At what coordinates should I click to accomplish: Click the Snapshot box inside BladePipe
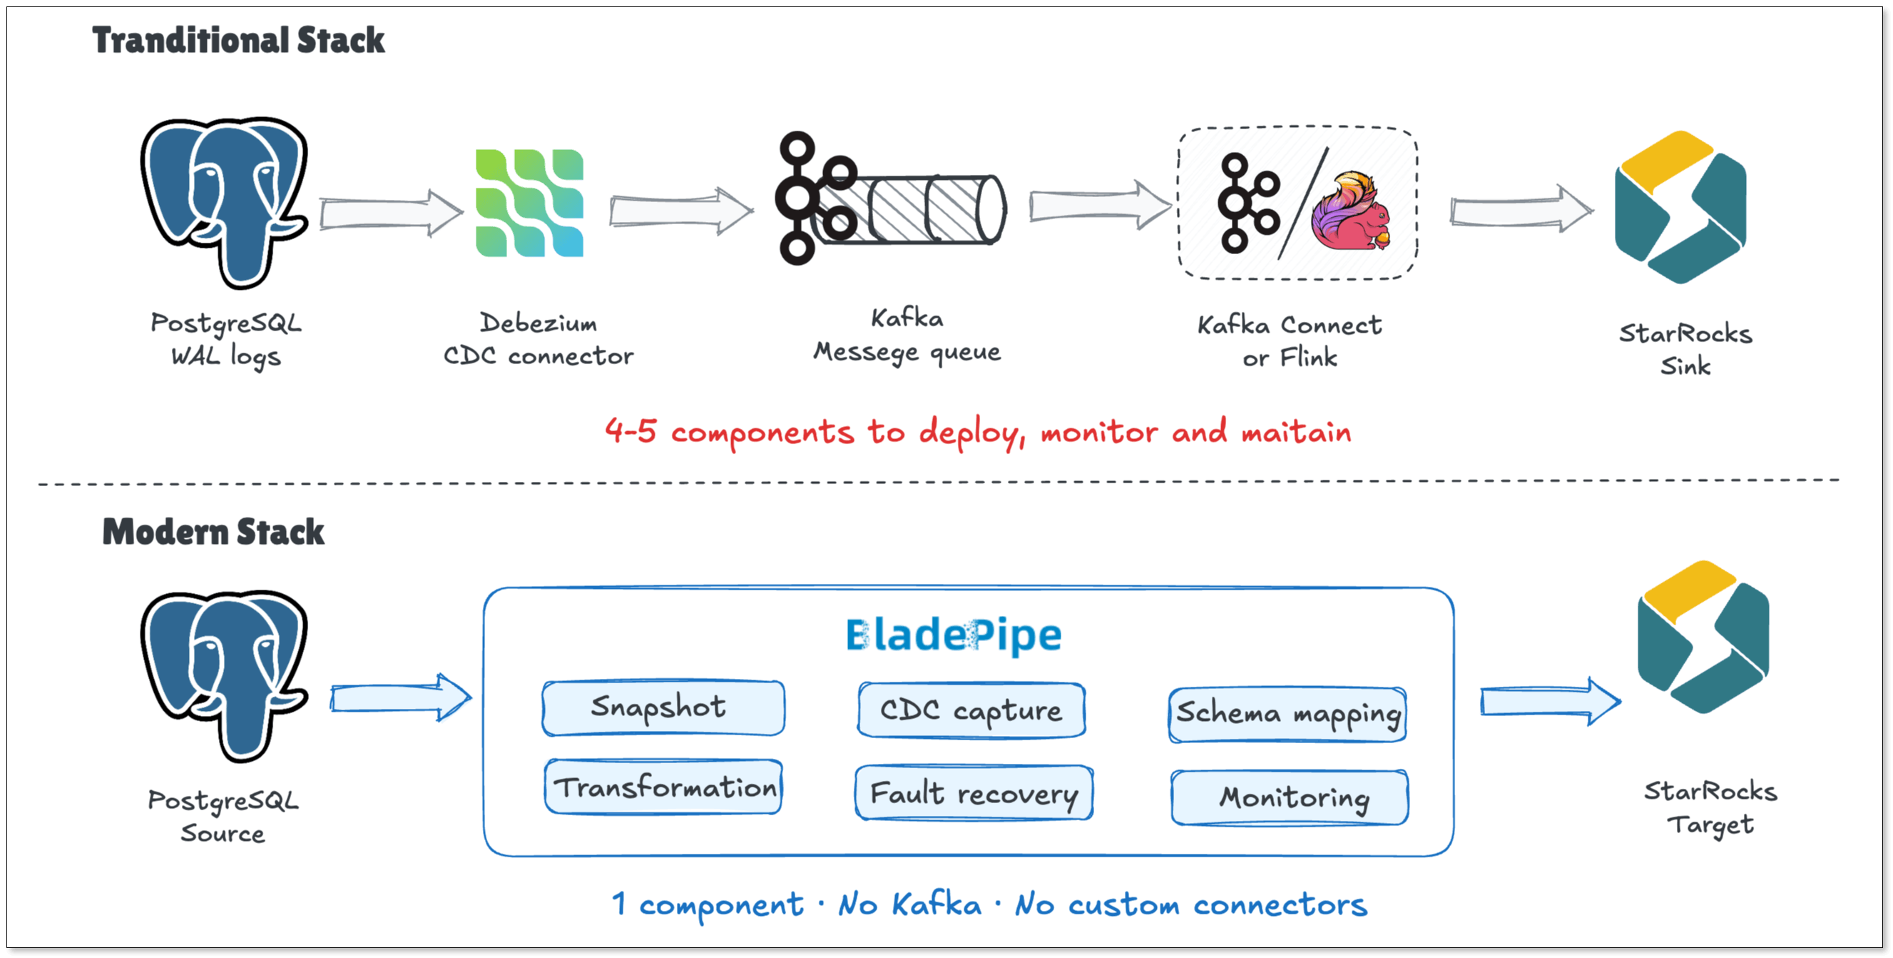(663, 707)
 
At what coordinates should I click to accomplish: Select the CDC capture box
(971, 710)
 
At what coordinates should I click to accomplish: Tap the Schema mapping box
(1287, 714)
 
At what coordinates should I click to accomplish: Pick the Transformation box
(663, 787)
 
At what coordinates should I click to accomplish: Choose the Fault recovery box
(974, 792)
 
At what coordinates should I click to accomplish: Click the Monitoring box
(1290, 797)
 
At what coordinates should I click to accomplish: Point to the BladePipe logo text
(954, 635)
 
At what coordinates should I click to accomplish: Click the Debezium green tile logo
(529, 203)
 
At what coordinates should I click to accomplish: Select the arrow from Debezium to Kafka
(680, 211)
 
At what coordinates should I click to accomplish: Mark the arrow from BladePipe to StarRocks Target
(1549, 701)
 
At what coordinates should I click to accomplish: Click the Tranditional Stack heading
(238, 40)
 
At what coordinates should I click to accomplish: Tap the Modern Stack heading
(213, 532)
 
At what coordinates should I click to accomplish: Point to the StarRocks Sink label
(1685, 349)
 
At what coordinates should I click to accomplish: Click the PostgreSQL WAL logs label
(225, 340)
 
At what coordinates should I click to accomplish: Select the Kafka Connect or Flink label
(1290, 341)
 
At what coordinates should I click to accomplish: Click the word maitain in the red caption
(1296, 432)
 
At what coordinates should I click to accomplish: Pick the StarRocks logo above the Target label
(1703, 637)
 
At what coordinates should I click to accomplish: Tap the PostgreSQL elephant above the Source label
(224, 675)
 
